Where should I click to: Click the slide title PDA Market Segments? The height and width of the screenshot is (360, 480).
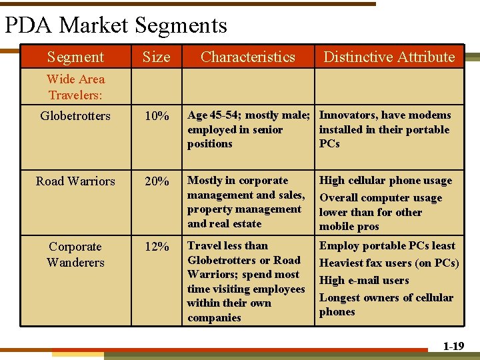[116, 25]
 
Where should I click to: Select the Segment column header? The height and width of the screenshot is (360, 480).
[75, 57]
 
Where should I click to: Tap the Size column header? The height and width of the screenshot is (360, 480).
[156, 57]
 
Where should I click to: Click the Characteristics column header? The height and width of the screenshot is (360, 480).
[247, 57]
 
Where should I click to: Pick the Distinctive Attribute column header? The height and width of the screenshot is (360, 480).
[389, 57]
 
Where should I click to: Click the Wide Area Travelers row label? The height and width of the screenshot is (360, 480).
[75, 87]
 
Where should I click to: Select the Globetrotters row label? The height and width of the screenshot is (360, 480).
[75, 116]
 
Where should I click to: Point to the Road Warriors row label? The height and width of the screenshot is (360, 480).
[75, 181]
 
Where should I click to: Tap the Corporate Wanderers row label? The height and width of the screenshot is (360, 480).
[75, 254]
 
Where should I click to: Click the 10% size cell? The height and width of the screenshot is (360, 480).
[157, 117]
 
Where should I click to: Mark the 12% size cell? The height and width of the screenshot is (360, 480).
[157, 247]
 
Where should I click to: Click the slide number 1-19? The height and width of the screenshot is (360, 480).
[453, 346]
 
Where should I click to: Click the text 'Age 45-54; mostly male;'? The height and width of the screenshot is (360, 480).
[249, 115]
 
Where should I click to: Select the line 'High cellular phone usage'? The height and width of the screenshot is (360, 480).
[385, 181]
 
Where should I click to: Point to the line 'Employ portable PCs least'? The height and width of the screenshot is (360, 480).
[387, 246]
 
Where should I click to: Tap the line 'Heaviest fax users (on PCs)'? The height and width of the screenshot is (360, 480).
[389, 263]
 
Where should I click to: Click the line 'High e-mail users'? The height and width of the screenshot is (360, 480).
[364, 281]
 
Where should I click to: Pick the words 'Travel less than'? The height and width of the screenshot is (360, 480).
[227, 246]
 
